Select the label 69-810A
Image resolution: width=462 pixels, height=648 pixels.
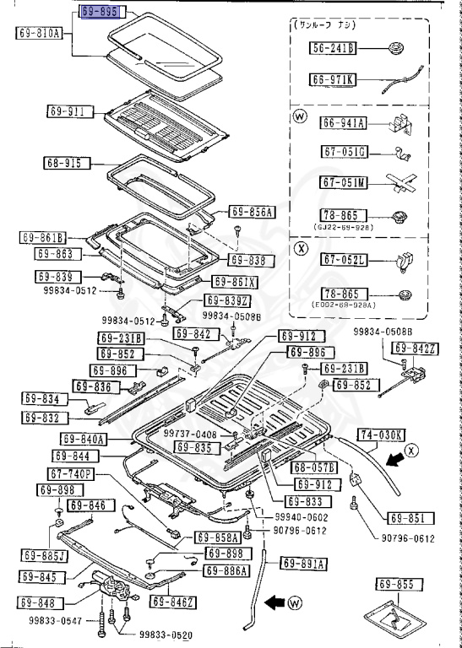point(39,33)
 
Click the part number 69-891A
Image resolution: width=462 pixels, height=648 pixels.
point(303,564)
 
